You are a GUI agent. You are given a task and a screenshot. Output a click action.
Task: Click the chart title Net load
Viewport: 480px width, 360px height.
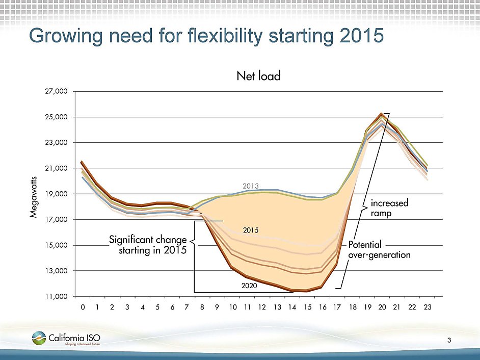(258, 76)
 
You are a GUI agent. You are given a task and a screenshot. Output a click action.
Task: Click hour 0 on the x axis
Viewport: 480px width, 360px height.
(83, 307)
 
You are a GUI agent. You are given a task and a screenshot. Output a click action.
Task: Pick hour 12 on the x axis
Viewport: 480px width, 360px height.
(262, 307)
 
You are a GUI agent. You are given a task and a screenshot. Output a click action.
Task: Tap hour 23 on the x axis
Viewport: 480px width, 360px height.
(426, 307)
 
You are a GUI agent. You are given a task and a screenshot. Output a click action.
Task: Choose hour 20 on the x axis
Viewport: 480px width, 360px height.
(382, 307)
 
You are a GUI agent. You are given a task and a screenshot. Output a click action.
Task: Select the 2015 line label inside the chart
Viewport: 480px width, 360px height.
(250, 230)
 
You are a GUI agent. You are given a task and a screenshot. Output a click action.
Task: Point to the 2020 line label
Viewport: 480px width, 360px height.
(250, 286)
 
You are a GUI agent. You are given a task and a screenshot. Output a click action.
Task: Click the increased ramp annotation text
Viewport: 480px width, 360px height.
(390, 209)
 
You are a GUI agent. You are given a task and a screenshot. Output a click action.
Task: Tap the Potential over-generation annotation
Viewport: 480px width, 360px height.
(379, 250)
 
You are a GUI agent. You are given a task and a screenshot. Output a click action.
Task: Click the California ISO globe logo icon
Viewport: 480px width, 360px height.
(39, 338)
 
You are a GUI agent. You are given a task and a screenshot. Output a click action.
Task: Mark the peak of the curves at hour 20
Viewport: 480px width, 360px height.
(381, 114)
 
